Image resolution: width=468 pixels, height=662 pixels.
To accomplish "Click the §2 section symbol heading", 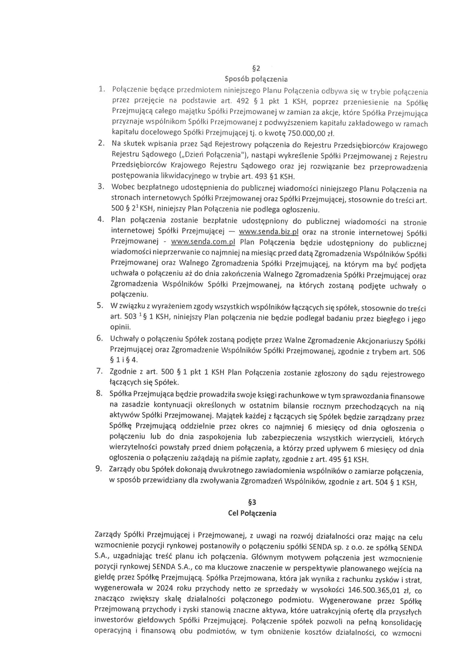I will (x=256, y=68).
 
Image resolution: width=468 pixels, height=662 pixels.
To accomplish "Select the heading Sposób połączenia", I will (x=256, y=79).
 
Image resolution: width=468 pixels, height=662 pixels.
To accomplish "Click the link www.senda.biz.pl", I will (x=269, y=232).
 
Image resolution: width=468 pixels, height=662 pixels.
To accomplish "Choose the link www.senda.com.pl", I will (x=203, y=242).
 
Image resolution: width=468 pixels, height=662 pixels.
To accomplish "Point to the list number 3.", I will (x=101, y=187).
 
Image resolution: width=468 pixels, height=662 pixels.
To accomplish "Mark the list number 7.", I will (x=99, y=371).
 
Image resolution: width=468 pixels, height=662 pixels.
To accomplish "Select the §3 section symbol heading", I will (x=252, y=503).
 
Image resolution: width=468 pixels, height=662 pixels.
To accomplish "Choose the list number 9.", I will (x=99, y=469).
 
